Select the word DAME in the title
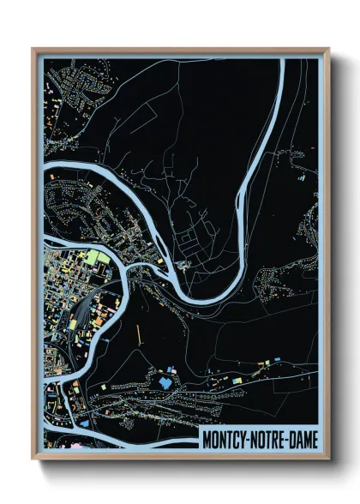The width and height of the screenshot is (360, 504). tap(301, 439)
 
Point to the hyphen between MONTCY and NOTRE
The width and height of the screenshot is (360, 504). tap(248, 439)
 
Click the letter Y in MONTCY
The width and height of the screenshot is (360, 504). tap(242, 439)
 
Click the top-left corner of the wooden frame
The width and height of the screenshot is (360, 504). tap(33, 50)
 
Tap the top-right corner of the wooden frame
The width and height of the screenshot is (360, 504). tap(328, 50)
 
